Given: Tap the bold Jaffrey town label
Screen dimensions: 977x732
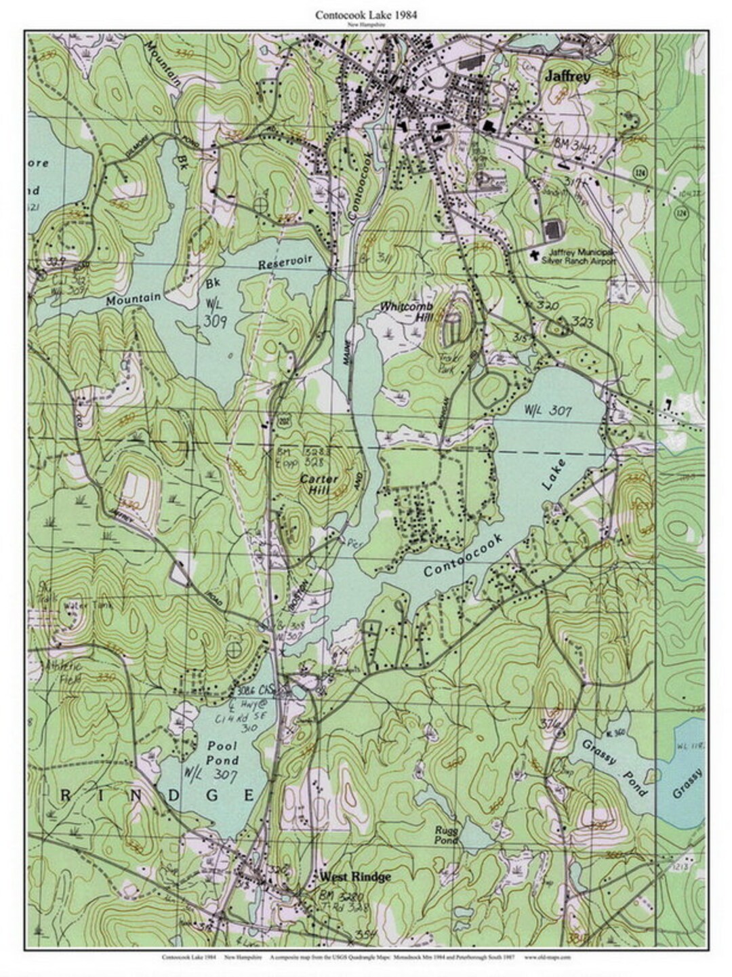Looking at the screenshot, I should point(567,78).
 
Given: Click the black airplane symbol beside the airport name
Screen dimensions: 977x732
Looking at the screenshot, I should point(535,255).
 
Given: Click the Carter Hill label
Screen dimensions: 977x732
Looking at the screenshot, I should point(319,484).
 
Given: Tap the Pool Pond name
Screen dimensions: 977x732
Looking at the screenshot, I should point(222,752).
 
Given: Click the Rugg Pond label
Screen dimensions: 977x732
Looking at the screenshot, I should point(447,835).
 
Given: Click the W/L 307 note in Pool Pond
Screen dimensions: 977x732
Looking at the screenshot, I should point(208,774).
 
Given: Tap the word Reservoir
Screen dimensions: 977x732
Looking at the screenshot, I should point(284,262).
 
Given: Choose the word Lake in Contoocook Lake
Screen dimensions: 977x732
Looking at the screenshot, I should point(552,474).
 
